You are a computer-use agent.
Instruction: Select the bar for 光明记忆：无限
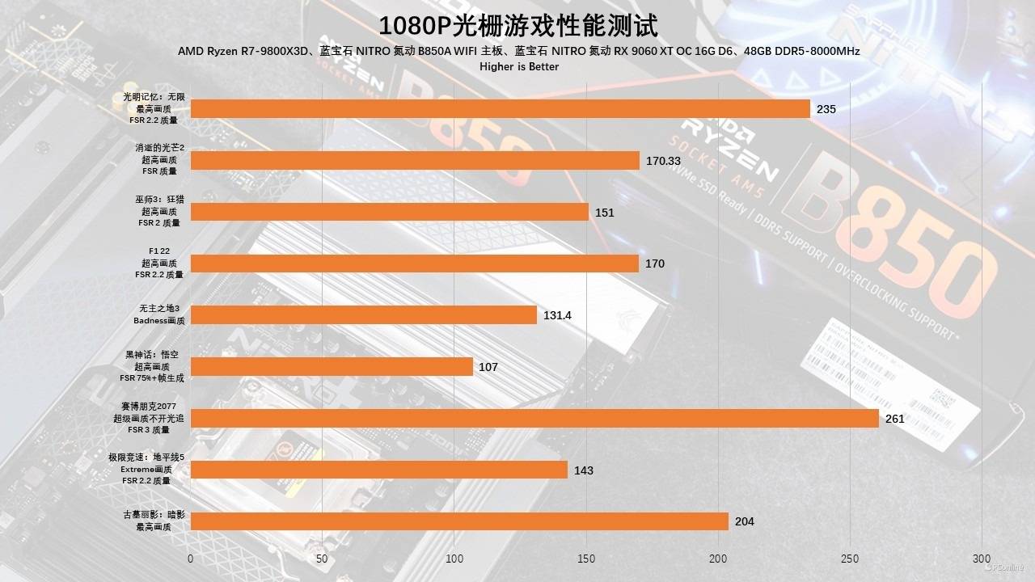500,108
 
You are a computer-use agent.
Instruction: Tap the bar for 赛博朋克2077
534,419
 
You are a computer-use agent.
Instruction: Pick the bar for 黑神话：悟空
332,367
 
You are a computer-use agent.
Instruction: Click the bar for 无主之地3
363,315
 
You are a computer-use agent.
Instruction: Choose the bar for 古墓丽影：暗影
458,521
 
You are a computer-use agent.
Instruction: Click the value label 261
894,419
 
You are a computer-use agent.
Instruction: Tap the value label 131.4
557,315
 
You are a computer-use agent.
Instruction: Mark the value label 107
488,367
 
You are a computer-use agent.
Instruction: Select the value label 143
583,470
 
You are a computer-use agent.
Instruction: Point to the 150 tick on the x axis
586,559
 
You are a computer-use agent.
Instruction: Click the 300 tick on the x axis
981,559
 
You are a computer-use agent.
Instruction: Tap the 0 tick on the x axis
190,559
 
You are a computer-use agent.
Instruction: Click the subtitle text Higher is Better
518,66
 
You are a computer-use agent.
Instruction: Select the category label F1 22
158,252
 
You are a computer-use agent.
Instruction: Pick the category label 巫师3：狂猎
158,200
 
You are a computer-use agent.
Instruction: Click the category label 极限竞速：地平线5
146,458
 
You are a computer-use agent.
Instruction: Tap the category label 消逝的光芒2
160,148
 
